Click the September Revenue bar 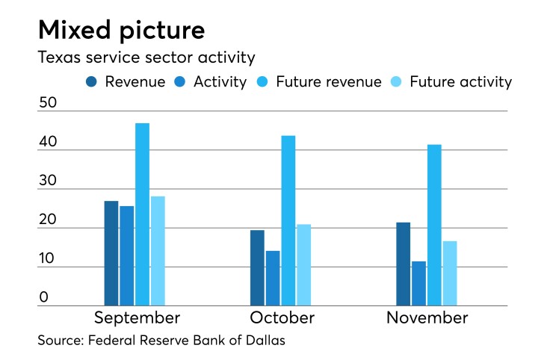111,253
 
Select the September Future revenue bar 142,214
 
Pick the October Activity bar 273,278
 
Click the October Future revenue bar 288,220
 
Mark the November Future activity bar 449,273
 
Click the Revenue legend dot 92,82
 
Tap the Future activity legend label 471,82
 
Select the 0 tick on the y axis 43,297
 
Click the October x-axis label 282,318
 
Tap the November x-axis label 427,318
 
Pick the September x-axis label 137,319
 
